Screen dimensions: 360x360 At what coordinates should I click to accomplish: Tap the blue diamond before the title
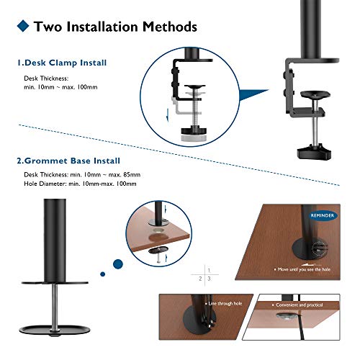coord(23,27)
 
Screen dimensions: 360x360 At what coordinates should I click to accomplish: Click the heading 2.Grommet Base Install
coord(69,161)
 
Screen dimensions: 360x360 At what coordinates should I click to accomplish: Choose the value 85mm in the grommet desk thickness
coord(129,174)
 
